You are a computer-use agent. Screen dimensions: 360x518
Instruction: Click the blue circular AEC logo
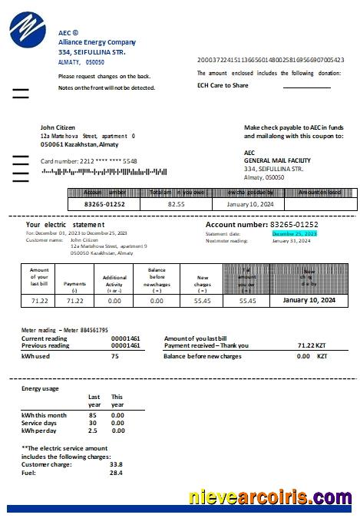click(28, 33)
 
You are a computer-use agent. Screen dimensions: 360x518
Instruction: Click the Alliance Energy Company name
click(97, 42)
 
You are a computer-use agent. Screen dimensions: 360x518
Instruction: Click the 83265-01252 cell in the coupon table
click(104, 205)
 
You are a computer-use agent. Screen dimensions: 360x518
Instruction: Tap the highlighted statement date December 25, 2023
click(294, 233)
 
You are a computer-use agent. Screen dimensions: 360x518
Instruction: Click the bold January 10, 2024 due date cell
click(309, 301)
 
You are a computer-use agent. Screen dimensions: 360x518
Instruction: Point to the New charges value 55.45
click(203, 302)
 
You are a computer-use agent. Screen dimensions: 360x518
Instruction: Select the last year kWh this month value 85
click(92, 415)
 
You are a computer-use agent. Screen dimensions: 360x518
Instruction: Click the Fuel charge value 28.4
click(116, 473)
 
